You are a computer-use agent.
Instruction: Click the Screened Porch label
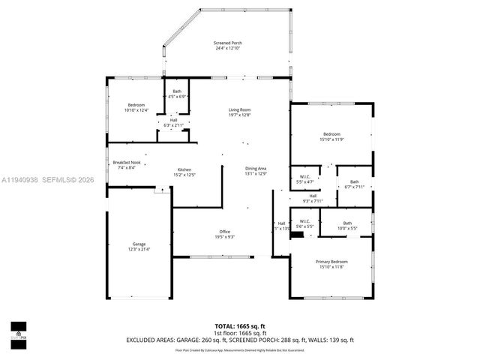(227, 43)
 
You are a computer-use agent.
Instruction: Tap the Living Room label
(239, 110)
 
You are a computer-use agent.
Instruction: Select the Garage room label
(139, 244)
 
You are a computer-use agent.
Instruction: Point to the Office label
(224, 231)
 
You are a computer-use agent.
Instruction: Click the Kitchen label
(184, 169)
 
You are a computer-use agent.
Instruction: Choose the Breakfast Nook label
(124, 163)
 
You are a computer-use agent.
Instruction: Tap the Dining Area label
(256, 169)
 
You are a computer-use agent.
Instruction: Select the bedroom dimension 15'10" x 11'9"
(331, 139)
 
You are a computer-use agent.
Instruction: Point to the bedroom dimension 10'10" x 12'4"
(136, 110)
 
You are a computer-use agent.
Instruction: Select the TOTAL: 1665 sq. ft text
(239, 326)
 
